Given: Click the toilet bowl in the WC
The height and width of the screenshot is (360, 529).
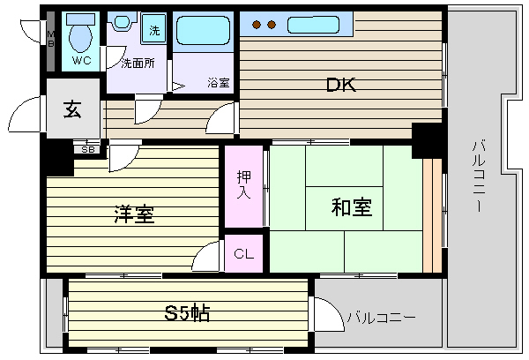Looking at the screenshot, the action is [80, 37].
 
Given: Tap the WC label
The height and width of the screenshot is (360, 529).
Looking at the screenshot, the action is [82, 61].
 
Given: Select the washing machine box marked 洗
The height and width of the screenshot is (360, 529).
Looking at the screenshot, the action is [154, 28].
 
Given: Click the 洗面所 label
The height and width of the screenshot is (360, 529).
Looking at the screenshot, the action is [138, 64].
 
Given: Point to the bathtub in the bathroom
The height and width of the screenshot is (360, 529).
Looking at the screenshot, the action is [203, 30].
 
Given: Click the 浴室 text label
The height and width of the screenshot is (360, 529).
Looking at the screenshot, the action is [219, 82].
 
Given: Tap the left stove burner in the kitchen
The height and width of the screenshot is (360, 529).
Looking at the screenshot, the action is [257, 25].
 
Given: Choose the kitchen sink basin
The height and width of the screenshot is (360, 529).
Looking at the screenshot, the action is [313, 25].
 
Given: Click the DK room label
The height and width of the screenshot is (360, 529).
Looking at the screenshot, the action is [341, 85].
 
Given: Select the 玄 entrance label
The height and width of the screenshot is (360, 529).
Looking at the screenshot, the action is [72, 109].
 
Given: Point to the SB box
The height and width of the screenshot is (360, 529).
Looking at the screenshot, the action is [88, 149].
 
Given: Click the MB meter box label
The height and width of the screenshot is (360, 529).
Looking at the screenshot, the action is [50, 39].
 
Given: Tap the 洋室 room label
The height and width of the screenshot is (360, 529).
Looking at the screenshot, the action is [134, 214].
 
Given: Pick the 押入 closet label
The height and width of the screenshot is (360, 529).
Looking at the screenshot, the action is [244, 184].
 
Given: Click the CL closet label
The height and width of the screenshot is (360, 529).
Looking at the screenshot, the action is [243, 253].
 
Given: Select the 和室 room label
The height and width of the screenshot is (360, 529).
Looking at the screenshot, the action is [352, 206].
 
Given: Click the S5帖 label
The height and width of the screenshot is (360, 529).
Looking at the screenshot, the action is [187, 313].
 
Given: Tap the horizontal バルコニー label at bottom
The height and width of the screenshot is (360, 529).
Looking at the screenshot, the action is [381, 318].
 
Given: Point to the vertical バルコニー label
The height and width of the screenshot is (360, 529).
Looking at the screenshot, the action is [479, 176].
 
